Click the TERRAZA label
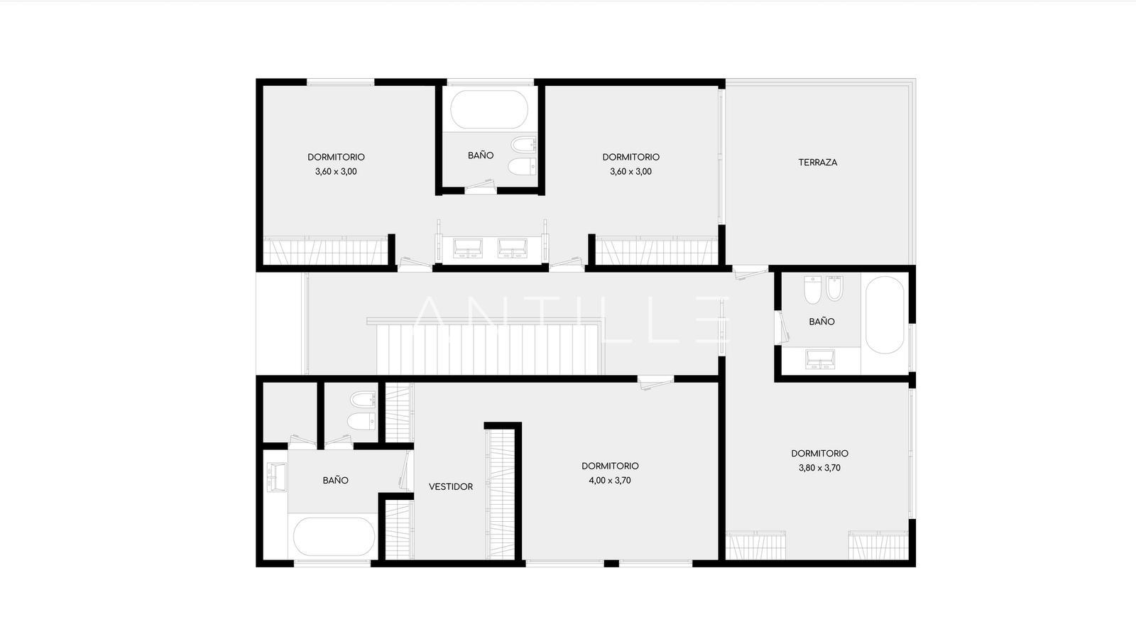coord(817,163)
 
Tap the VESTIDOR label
coord(451,487)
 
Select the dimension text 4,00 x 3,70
coord(610,480)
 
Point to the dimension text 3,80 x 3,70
coord(819,468)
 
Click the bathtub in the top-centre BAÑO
coord(489,109)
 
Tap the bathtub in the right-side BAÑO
coord(885,315)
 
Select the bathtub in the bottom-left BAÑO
coord(334,537)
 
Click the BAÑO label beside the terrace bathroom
coord(821,322)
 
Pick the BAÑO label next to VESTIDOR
coord(335,480)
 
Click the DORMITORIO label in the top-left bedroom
coord(336,157)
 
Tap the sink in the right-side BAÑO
coord(820,359)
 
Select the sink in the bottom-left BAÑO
coord(277,477)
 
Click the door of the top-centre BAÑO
coord(481,187)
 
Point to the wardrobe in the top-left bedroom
coord(326,251)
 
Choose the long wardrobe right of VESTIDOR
coord(501,494)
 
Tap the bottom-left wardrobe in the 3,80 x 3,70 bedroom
coord(755,546)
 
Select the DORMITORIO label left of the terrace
coord(631,157)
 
